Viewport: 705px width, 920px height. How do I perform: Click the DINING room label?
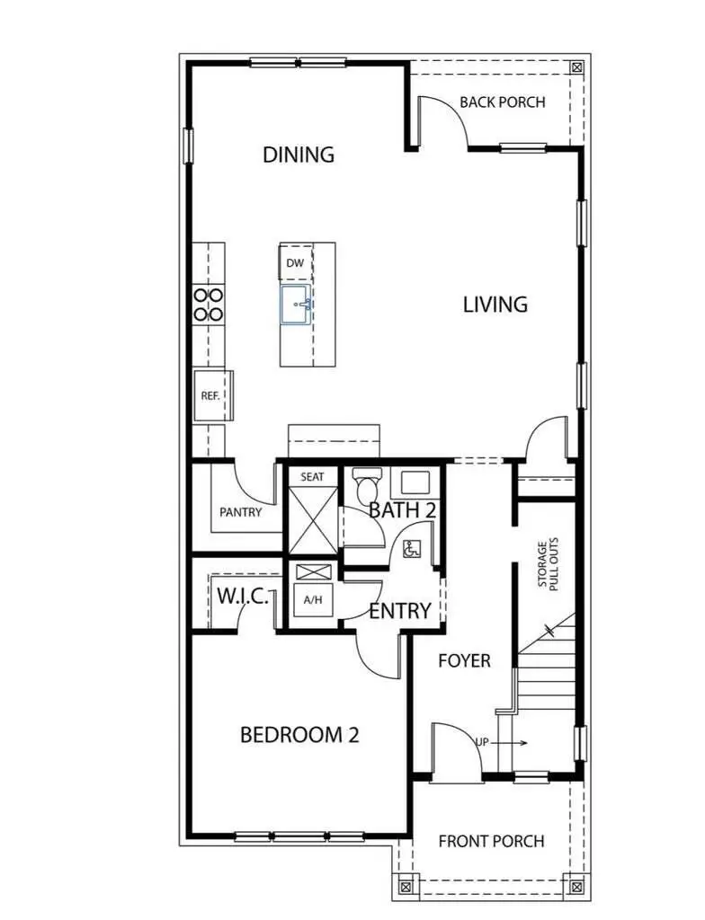click(299, 155)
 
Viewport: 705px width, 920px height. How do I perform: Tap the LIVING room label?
click(495, 305)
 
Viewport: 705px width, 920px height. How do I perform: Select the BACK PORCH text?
click(502, 102)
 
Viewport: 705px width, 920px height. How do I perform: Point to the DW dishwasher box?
click(294, 263)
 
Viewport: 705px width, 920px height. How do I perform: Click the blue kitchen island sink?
click(296, 305)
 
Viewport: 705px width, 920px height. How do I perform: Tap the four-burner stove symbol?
click(209, 305)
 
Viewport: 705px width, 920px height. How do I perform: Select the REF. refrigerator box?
click(210, 395)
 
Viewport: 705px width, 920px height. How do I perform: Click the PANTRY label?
click(241, 513)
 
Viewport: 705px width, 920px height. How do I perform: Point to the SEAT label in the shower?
click(312, 477)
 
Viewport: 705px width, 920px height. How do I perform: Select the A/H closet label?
click(313, 599)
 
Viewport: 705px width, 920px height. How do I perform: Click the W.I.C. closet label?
click(242, 596)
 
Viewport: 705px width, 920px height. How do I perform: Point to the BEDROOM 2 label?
click(299, 735)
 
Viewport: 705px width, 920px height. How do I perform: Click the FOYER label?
click(464, 661)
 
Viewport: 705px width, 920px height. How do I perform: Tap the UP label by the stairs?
click(483, 743)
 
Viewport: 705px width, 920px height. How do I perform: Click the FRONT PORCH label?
click(491, 842)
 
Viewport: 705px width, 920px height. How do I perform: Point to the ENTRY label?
click(400, 611)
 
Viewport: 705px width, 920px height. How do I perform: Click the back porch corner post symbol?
click(576, 67)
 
